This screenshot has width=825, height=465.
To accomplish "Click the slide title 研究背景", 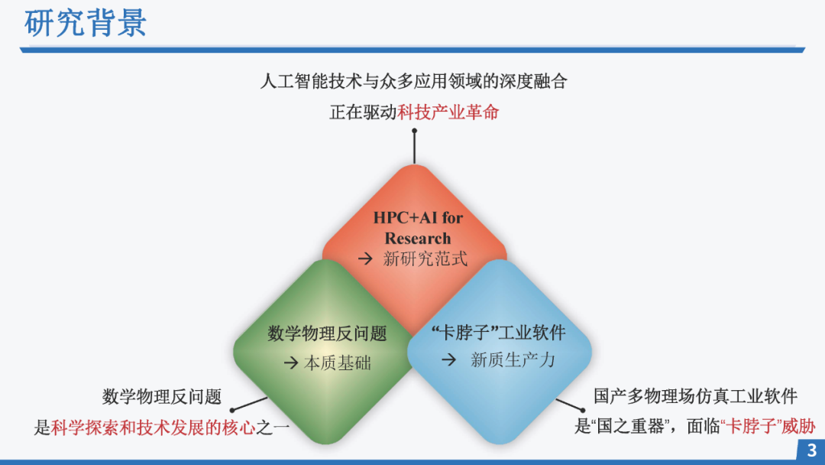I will (x=85, y=23).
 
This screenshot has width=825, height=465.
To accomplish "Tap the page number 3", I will (x=811, y=450).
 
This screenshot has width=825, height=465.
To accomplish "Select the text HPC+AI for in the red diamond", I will (x=418, y=217).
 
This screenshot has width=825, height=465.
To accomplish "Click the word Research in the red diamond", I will (x=418, y=238).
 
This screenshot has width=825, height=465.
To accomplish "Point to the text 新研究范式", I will (x=425, y=259).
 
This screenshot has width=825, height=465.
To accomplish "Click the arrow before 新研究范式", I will (x=366, y=259).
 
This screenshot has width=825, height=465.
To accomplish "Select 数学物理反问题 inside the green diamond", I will (x=327, y=333).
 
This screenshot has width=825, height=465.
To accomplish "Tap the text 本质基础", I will (x=338, y=363).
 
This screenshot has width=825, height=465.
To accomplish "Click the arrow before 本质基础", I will (x=291, y=363).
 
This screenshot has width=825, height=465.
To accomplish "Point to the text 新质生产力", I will (x=513, y=359).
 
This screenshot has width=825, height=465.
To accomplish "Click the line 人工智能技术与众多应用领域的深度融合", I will (x=413, y=81).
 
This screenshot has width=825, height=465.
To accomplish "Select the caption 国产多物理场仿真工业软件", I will (x=695, y=396).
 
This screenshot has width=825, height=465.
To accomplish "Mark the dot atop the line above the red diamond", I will (x=414, y=131).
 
